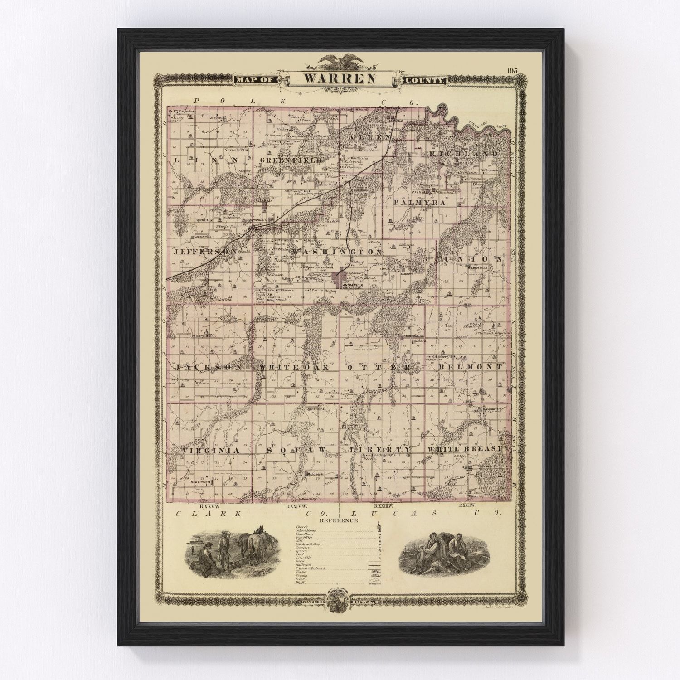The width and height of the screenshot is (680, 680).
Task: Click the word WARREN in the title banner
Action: pyautogui.click(x=339, y=78)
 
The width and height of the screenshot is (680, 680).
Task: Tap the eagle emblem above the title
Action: pyautogui.click(x=340, y=60)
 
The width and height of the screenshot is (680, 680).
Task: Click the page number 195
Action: pyautogui.click(x=513, y=70)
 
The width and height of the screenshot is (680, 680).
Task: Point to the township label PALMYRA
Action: pyautogui.click(x=419, y=203)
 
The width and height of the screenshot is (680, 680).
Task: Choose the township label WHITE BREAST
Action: pyautogui.click(x=464, y=449)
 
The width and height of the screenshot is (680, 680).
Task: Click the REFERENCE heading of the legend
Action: pyautogui.click(x=339, y=521)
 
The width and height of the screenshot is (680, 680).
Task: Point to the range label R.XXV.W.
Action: pyautogui.click(x=206, y=505)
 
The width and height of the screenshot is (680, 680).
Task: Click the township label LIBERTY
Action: pyautogui.click(x=381, y=449)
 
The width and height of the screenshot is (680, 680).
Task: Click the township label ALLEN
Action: pyautogui.click(x=369, y=136)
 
